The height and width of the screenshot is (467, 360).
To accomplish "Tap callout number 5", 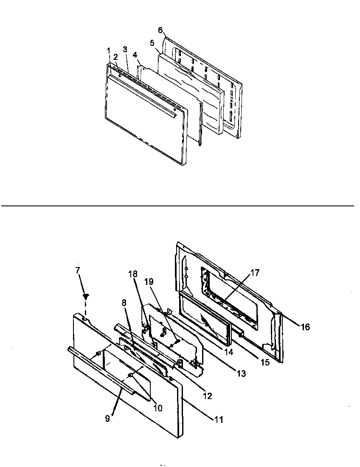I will coord(152,43).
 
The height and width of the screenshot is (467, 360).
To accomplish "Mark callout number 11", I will coord(219,420).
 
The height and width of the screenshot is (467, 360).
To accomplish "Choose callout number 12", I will coord(208,397).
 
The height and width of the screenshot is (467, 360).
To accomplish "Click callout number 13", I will coord(241,374).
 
